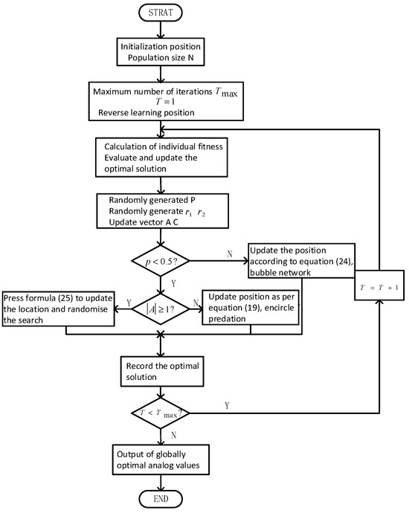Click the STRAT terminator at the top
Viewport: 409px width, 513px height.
160,13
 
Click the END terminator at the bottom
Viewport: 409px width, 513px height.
160,499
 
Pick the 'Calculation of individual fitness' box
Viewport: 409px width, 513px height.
160,155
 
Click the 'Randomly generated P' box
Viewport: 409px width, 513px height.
160,214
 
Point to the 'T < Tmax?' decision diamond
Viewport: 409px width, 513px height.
160,411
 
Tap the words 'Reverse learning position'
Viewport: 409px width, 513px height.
145,113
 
